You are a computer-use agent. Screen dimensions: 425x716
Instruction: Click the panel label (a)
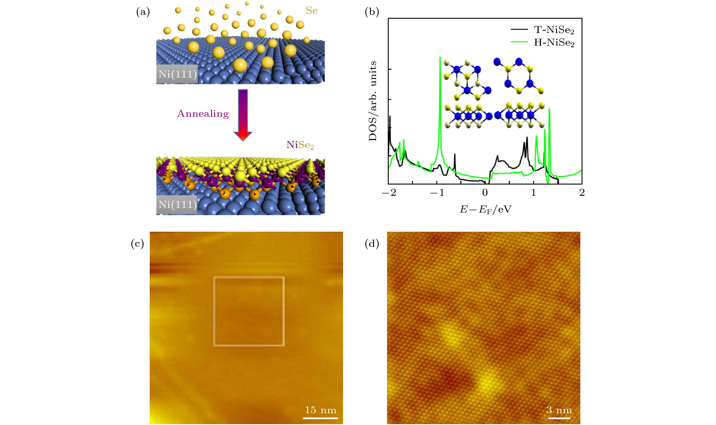(143, 12)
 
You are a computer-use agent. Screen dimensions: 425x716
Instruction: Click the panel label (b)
(372, 12)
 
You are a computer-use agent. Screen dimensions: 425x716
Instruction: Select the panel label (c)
(137, 243)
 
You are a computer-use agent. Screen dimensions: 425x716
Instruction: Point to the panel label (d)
(372, 243)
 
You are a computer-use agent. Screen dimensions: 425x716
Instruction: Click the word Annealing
(203, 114)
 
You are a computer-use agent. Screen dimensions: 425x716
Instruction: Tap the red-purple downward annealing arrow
(243, 115)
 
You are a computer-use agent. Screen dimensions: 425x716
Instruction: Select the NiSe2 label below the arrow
(300, 145)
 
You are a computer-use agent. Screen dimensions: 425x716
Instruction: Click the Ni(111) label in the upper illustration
(177, 74)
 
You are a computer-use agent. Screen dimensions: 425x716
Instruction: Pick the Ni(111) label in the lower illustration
(177, 204)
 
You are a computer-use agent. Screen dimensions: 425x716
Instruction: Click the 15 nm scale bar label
(320, 410)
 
